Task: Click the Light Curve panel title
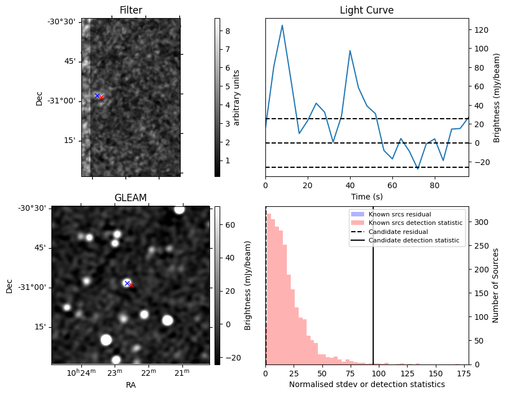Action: point(366,10)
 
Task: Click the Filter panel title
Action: point(130,10)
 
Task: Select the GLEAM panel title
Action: point(130,198)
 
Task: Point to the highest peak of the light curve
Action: point(282,25)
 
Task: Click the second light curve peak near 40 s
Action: point(350,51)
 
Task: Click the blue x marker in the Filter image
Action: point(97,96)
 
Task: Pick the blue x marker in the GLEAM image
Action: point(127,283)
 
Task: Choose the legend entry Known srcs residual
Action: point(399,214)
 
